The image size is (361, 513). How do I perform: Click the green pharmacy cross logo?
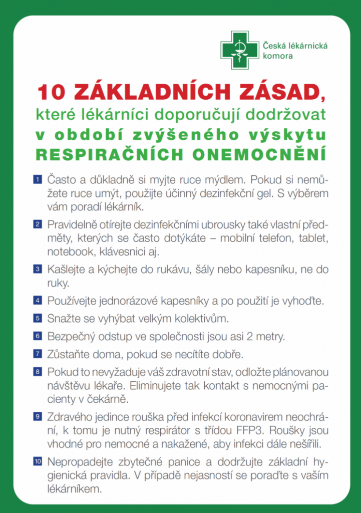(239, 50)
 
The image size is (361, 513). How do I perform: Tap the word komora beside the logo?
(278, 56)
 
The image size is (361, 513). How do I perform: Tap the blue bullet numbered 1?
(38, 179)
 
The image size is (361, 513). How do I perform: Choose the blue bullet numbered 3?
(38, 270)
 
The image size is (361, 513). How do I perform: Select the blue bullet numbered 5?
(38, 318)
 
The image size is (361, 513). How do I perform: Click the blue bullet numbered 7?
(38, 354)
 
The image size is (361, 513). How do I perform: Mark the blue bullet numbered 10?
(38, 460)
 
